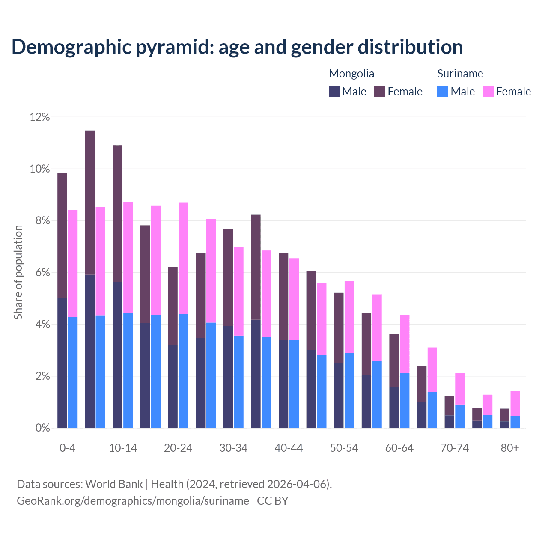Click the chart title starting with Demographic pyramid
click(237, 47)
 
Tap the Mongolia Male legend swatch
click(334, 91)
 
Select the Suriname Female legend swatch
click(488, 91)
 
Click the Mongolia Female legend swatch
click(380, 91)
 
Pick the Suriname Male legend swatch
click(443, 91)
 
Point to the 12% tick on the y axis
click(40, 117)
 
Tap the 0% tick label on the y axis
click(42, 428)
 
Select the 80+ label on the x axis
click(509, 448)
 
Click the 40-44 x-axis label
click(289, 448)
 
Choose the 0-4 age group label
click(67, 448)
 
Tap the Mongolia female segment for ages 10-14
click(117, 214)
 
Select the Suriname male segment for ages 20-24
click(183, 371)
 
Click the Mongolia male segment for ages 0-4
click(62, 363)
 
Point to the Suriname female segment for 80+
click(515, 403)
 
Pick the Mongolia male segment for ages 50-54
click(339, 395)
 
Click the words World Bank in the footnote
click(114, 484)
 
